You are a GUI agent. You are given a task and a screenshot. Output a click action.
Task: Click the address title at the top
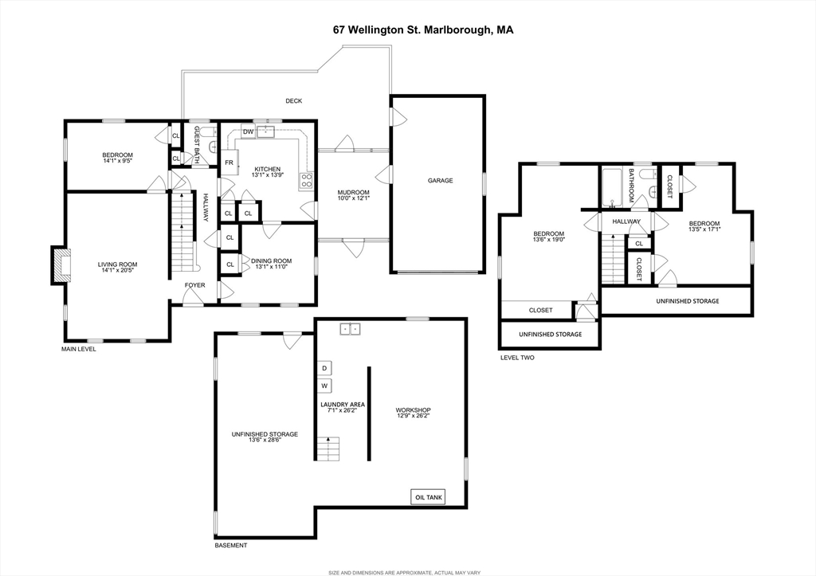pos(423,29)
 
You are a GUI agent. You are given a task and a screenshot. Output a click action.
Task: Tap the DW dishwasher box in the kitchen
pos(249,131)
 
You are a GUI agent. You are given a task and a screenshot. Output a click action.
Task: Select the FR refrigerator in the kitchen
pos(229,163)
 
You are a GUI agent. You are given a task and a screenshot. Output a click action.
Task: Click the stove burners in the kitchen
pos(307,181)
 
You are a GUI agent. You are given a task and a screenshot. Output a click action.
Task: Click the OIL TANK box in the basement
pos(428,497)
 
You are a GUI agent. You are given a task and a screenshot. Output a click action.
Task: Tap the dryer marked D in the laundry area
pos(324,368)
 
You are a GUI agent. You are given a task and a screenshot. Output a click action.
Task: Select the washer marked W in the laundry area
pos(324,386)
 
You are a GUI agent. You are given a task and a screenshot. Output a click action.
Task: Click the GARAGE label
pos(440,181)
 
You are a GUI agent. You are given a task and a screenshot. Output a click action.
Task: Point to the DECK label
pos(293,101)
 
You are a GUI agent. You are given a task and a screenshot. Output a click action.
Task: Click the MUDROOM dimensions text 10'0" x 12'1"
pos(353,198)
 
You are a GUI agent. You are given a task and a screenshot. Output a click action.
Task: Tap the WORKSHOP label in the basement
pos(414,410)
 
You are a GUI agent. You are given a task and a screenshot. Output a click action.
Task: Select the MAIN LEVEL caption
pos(79,349)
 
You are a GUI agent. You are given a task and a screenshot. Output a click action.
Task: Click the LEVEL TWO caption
pos(517,358)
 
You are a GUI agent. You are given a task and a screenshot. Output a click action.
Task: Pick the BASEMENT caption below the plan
pos(231,545)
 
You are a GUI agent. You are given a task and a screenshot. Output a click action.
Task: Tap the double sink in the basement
pos(351,329)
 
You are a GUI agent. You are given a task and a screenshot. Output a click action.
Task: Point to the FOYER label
pos(195,285)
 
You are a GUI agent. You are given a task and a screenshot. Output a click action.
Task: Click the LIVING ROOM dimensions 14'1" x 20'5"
pos(118,270)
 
